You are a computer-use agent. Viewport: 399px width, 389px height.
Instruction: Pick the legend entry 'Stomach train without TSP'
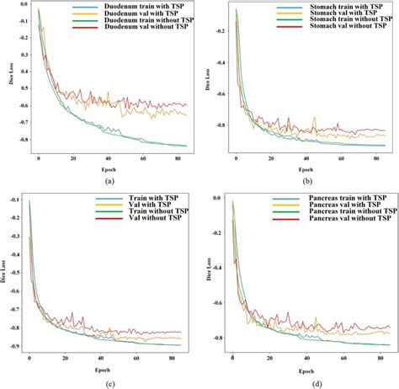point(340,23)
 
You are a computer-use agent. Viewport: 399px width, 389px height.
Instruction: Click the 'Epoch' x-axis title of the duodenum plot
point(108,167)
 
